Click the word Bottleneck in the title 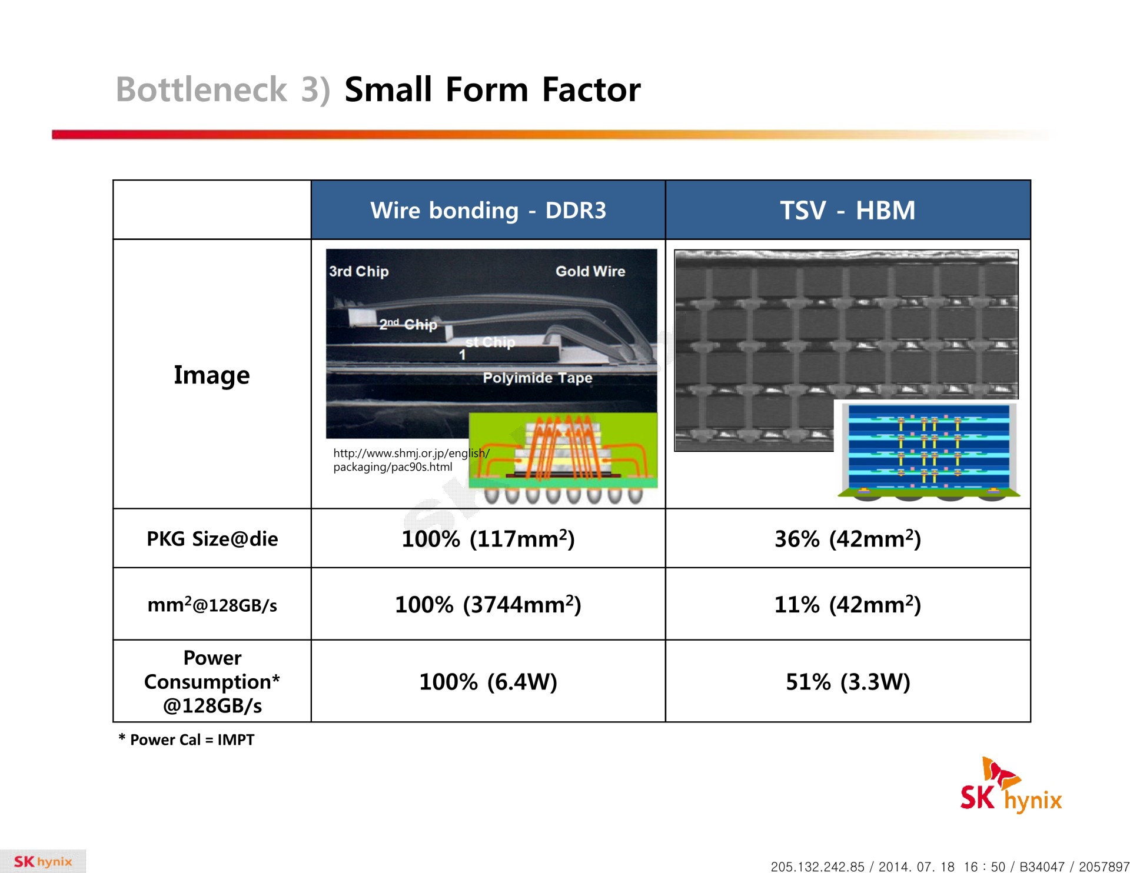[201, 89]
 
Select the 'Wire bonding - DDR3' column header [488, 210]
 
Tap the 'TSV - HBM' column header [847, 210]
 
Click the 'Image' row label [212, 375]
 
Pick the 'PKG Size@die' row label [212, 538]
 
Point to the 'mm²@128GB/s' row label [212, 604]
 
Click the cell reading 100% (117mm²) [488, 538]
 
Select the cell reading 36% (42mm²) [847, 538]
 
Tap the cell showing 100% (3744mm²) [488, 604]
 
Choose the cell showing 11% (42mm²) [847, 604]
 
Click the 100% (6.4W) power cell [488, 682]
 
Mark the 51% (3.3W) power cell [847, 682]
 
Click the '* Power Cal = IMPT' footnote [187, 739]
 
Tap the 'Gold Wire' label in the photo [590, 271]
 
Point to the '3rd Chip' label [359, 271]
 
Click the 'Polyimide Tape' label [537, 378]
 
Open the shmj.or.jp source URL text [411, 460]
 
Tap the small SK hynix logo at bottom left [43, 861]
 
